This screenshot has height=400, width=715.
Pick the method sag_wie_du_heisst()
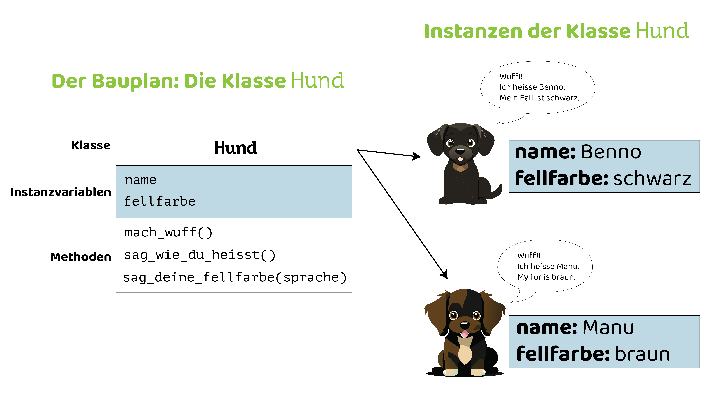pyautogui.click(x=200, y=255)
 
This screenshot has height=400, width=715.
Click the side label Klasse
pyautogui.click(x=91, y=145)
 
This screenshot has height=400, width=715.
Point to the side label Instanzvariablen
pyautogui.click(x=60, y=192)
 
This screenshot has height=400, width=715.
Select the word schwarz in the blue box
pyautogui.click(x=652, y=179)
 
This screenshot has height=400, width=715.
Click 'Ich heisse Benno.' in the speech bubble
pyautogui.click(x=532, y=87)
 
